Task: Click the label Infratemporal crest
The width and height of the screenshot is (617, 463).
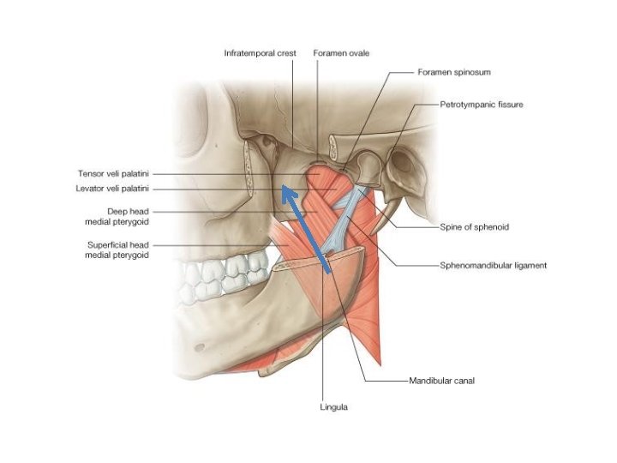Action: pyautogui.click(x=261, y=53)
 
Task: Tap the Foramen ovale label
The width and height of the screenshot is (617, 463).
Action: pyautogui.click(x=342, y=53)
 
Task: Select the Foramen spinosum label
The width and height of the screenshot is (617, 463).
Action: pyautogui.click(x=454, y=73)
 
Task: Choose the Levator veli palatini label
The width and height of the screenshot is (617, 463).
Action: pyautogui.click(x=113, y=189)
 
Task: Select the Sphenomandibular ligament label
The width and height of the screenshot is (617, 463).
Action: pyautogui.click(x=493, y=266)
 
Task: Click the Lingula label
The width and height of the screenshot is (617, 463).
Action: pyautogui.click(x=334, y=406)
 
